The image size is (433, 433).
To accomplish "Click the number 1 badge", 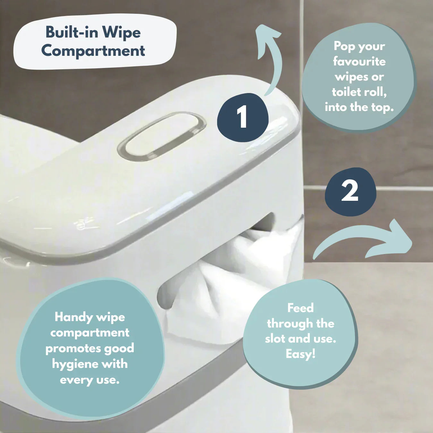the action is [x=243, y=117].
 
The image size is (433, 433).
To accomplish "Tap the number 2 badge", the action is [x=350, y=192].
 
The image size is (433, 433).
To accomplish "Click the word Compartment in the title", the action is [x=93, y=51].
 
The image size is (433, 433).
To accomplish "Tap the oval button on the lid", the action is [x=161, y=136].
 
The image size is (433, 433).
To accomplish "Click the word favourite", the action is [x=359, y=61].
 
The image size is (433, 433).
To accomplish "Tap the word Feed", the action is [x=301, y=308].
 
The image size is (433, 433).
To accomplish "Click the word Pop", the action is [x=344, y=47].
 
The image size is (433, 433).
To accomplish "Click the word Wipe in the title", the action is [x=122, y=33].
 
